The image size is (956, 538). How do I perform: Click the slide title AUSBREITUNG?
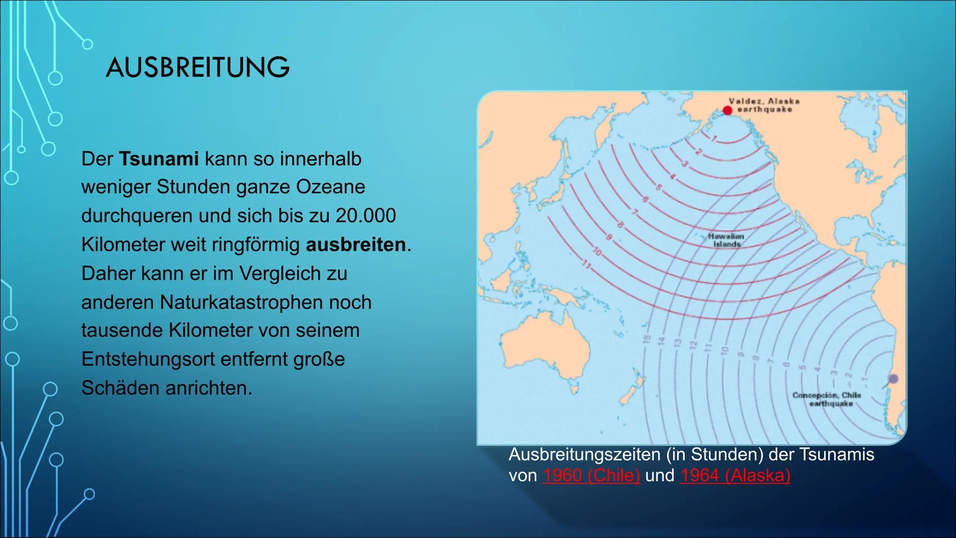[198, 67]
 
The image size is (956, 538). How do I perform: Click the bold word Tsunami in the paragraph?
[159, 159]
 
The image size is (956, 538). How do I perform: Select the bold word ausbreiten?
[356, 245]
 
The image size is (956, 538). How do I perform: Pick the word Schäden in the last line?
[120, 388]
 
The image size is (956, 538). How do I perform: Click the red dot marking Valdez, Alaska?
[727, 110]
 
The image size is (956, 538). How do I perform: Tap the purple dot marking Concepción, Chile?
[893, 379]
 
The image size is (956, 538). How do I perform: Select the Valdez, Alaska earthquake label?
[764, 105]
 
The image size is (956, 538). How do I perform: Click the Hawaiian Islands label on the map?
[726, 240]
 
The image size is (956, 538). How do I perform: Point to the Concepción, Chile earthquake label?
[827, 399]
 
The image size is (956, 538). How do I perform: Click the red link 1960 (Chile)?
[591, 475]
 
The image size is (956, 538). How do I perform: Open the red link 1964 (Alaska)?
[735, 475]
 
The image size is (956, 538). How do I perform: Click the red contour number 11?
[587, 265]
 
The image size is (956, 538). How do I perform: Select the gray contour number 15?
[647, 339]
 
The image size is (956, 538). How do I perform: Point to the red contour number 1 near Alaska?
[714, 138]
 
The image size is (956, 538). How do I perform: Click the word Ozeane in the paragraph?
[331, 187]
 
